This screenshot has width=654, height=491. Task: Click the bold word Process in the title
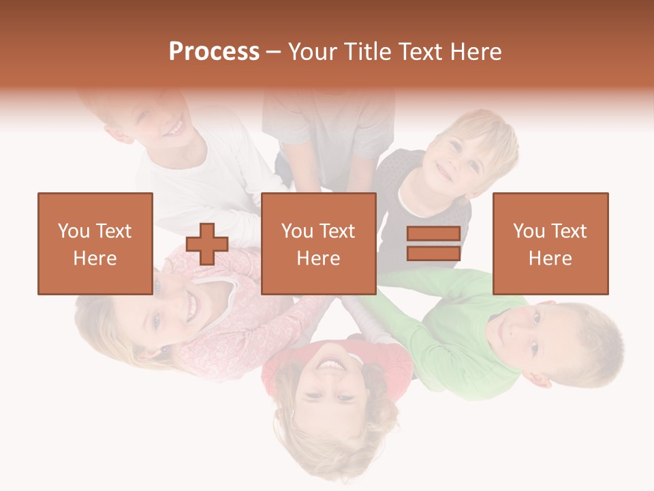214,52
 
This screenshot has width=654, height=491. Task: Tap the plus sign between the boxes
207,244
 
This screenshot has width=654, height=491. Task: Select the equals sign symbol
433,243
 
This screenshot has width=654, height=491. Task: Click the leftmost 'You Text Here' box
95,243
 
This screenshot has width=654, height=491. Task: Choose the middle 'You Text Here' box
318,243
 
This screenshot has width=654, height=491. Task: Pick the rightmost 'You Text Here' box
550,243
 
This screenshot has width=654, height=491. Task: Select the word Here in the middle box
318,258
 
